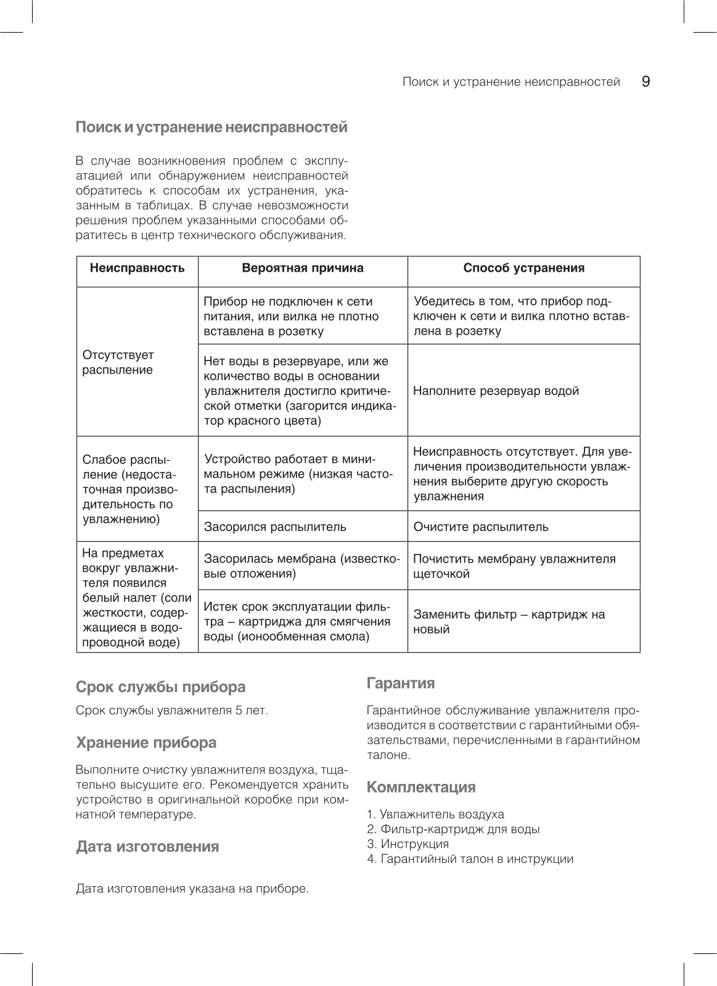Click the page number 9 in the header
click(x=645, y=82)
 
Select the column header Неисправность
click(x=137, y=268)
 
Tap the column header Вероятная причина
click(x=302, y=268)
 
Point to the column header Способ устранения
click(x=523, y=268)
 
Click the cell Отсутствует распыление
click(x=118, y=362)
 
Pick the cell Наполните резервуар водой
click(x=496, y=391)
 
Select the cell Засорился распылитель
click(x=275, y=527)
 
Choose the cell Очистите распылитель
click(x=480, y=527)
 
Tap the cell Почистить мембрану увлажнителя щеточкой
click(x=514, y=566)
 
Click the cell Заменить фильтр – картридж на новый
click(x=509, y=622)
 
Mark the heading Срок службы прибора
click(x=160, y=687)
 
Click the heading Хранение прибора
click(x=146, y=743)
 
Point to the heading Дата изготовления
click(x=147, y=846)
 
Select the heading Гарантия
click(x=401, y=683)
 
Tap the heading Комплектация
click(x=421, y=787)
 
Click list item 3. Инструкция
click(x=408, y=844)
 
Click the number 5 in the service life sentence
click(x=238, y=711)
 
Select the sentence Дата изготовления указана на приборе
click(x=192, y=889)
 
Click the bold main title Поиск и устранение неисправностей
click(x=211, y=128)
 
